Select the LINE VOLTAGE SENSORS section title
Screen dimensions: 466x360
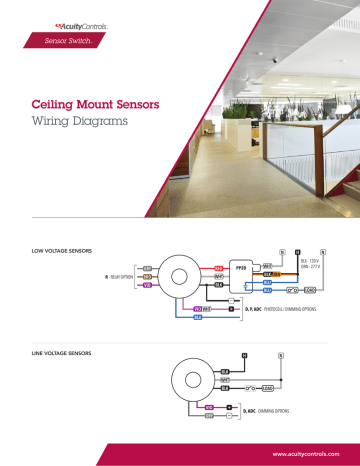coord(63,353)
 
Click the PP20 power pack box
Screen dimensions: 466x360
coord(239,269)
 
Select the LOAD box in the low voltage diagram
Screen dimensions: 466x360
coord(310,290)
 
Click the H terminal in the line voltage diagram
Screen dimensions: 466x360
coord(243,356)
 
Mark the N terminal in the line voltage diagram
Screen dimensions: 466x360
coord(282,356)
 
